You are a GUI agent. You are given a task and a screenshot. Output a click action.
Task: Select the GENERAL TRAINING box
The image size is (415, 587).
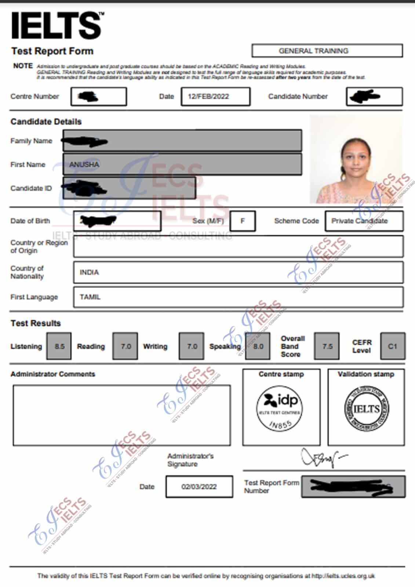pyautogui.click(x=327, y=51)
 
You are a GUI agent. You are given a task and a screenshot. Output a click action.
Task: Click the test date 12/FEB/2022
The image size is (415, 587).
pyautogui.click(x=215, y=97)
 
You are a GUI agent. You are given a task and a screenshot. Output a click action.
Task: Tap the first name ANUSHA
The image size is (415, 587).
pyautogui.click(x=84, y=164)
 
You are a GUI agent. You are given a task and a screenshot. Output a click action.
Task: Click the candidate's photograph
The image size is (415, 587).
pyautogui.click(x=356, y=159)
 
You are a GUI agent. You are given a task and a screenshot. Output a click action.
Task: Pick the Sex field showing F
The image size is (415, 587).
pyautogui.click(x=243, y=221)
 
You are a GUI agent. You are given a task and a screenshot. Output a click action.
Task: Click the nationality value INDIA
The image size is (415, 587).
pyautogui.click(x=89, y=272)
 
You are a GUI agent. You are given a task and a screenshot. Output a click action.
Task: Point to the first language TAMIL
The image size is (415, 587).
pyautogui.click(x=90, y=297)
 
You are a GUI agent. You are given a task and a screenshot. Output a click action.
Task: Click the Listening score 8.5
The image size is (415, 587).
pyautogui.click(x=59, y=346)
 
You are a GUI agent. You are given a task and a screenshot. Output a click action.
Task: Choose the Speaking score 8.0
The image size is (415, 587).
pyautogui.click(x=258, y=346)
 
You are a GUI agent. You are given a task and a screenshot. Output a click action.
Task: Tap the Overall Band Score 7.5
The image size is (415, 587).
pyautogui.click(x=327, y=346)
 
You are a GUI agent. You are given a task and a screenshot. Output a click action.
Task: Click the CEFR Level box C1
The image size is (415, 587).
pyautogui.click(x=393, y=346)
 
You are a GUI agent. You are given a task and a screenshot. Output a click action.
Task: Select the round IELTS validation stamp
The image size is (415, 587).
pyautogui.click(x=367, y=409)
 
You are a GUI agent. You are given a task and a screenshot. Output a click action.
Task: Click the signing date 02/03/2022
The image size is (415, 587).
pyautogui.click(x=199, y=487)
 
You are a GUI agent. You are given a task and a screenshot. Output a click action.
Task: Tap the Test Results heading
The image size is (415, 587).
pyautogui.click(x=36, y=323)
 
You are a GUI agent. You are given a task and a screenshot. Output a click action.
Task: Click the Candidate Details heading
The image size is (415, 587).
pyautogui.click(x=46, y=122)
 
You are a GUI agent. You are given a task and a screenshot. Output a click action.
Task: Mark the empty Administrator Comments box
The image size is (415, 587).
pyautogui.click(x=122, y=415)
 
